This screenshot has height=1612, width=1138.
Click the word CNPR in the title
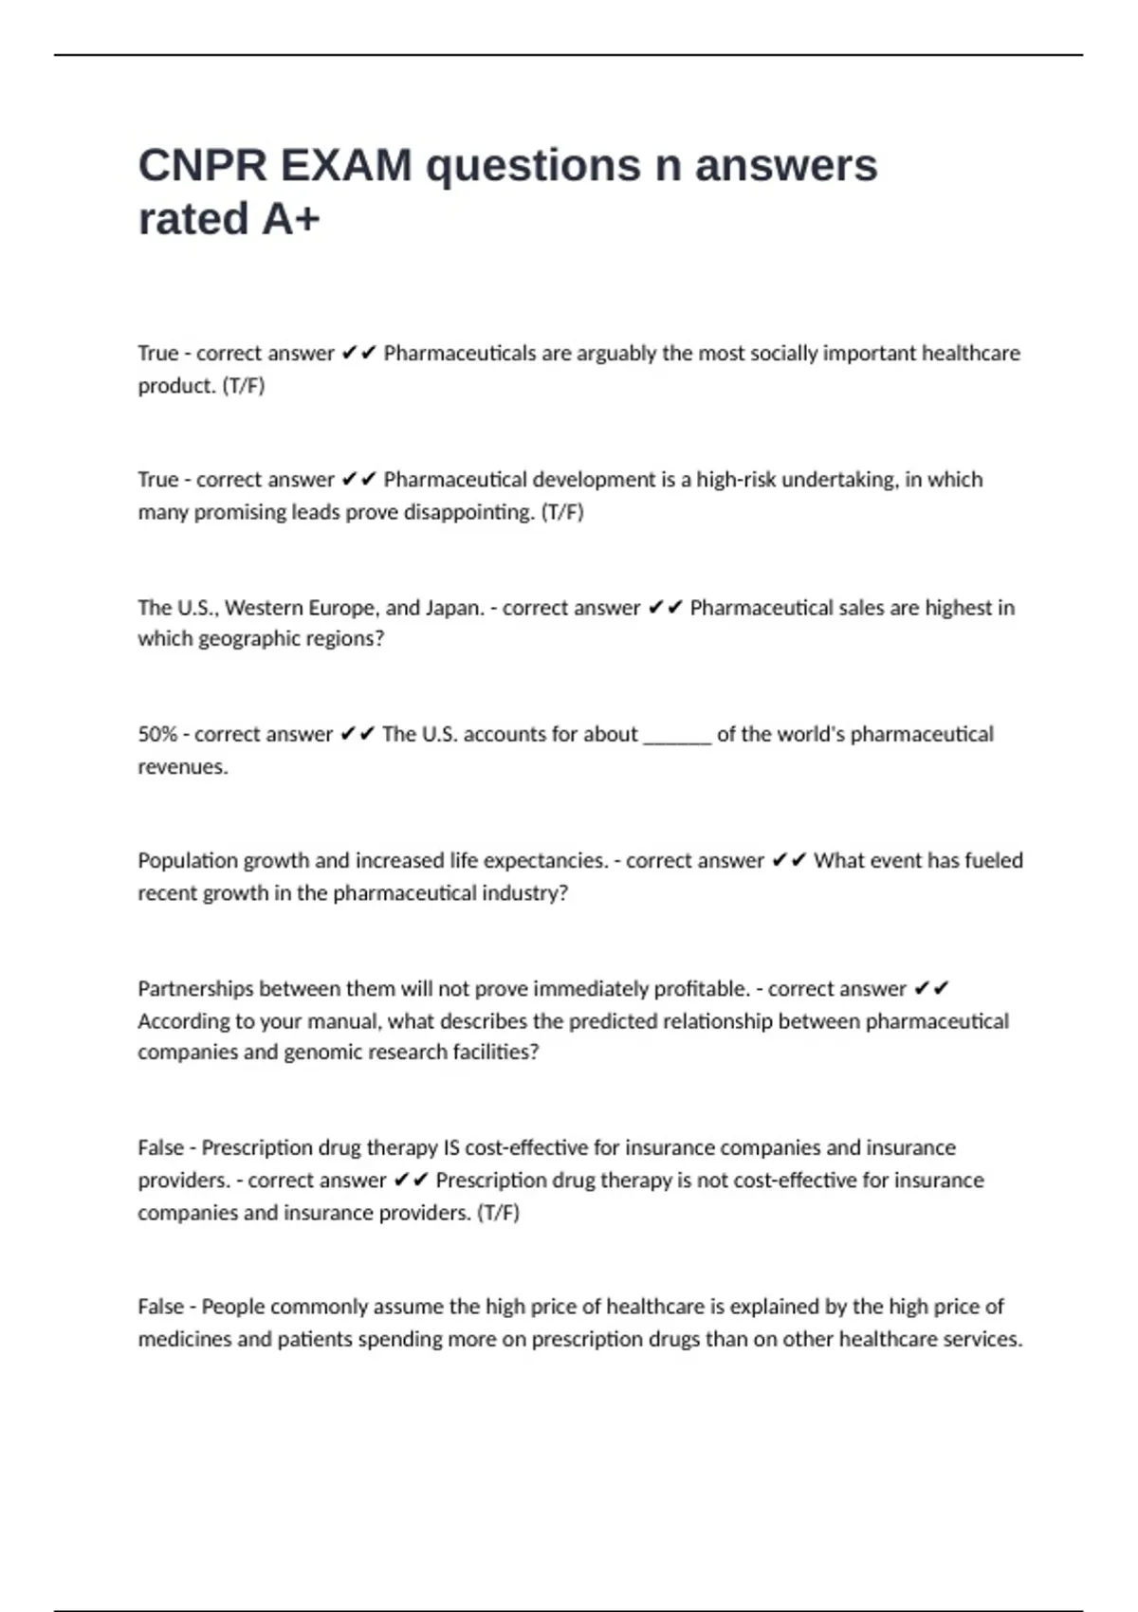click(202, 166)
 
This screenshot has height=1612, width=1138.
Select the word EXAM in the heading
click(346, 166)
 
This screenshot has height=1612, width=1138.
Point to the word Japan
click(452, 607)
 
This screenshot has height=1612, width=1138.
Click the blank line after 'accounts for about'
click(677, 736)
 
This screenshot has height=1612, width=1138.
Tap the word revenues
click(182, 766)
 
